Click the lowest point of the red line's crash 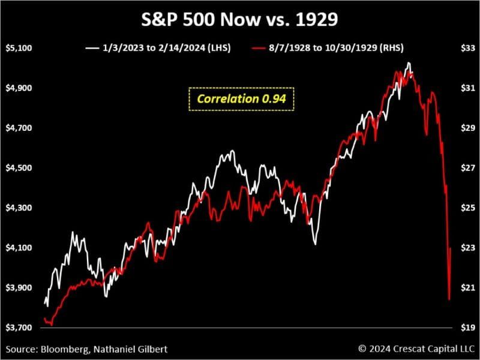[x=449, y=298]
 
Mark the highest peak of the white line [x=409, y=63]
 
